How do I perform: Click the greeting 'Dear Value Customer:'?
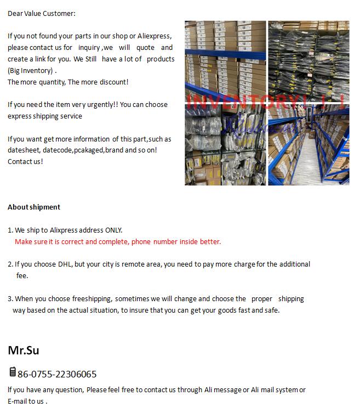[42, 13]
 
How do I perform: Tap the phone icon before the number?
[12, 372]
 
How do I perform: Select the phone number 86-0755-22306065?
[57, 374]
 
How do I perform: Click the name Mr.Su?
[24, 350]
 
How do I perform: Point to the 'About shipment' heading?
[34, 207]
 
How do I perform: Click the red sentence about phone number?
[118, 241]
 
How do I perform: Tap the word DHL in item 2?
[65, 264]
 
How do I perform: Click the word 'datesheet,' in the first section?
[24, 150]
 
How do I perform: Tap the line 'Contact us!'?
[25, 162]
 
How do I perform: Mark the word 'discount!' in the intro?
[113, 82]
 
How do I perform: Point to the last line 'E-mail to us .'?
[27, 401]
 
